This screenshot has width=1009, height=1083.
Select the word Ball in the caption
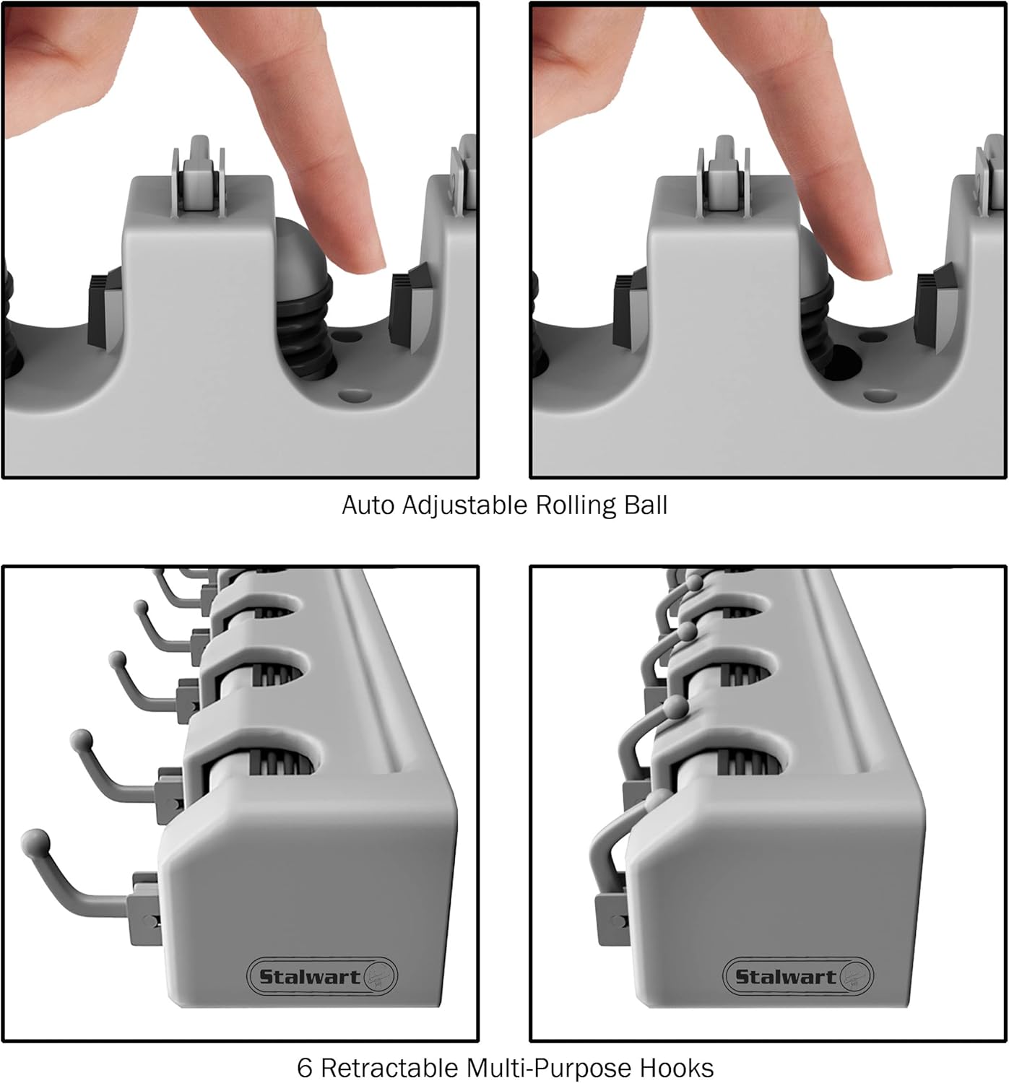pyautogui.click(x=645, y=505)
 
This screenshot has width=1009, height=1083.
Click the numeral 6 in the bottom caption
pyautogui.click(x=305, y=1067)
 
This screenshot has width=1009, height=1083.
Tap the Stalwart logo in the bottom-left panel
pyautogui.click(x=322, y=977)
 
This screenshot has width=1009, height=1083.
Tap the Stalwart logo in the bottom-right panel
pyautogui.click(x=798, y=977)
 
